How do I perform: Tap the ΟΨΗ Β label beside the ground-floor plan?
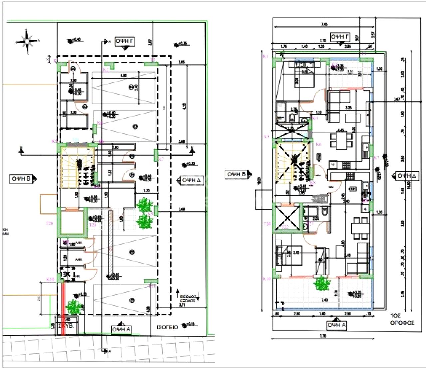point(21,179)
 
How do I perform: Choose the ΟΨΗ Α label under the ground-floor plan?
point(121,329)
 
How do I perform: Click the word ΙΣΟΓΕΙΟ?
point(167,327)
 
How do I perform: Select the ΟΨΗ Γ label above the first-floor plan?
point(339,37)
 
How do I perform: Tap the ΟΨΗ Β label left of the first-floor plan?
point(237,174)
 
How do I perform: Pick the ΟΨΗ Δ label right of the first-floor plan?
point(406,176)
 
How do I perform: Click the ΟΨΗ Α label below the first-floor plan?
point(336,325)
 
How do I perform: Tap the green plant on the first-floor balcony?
point(322,284)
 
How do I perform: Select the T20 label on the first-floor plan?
point(267,224)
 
